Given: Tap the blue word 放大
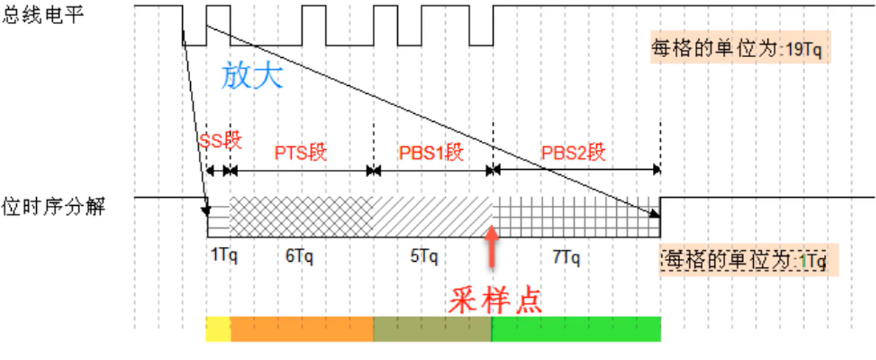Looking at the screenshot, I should point(252,76).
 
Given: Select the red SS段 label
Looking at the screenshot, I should point(220,141).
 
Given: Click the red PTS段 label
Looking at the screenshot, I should point(300,152).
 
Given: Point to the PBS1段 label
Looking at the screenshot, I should point(431,152).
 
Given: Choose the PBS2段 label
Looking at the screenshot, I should point(573,152).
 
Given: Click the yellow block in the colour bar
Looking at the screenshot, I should point(218,329).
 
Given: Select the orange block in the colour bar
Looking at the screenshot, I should point(302,329).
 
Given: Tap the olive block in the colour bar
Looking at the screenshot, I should point(432,329).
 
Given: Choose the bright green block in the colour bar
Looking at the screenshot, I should point(576,329).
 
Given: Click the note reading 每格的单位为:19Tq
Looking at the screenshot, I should point(740,48).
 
